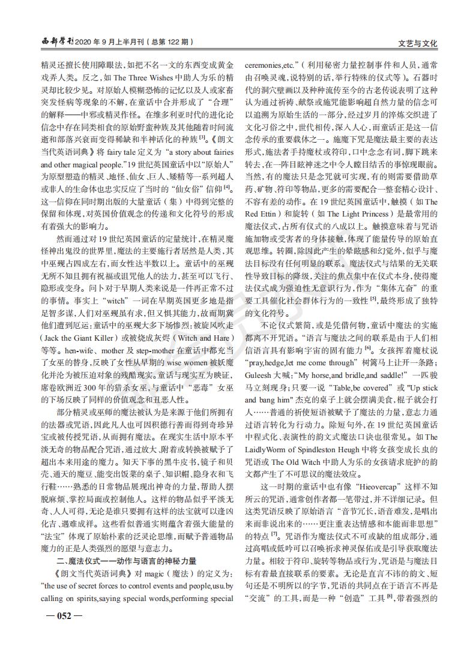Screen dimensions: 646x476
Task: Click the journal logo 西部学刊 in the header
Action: (57, 43)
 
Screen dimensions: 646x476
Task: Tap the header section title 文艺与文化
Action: (418, 44)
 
